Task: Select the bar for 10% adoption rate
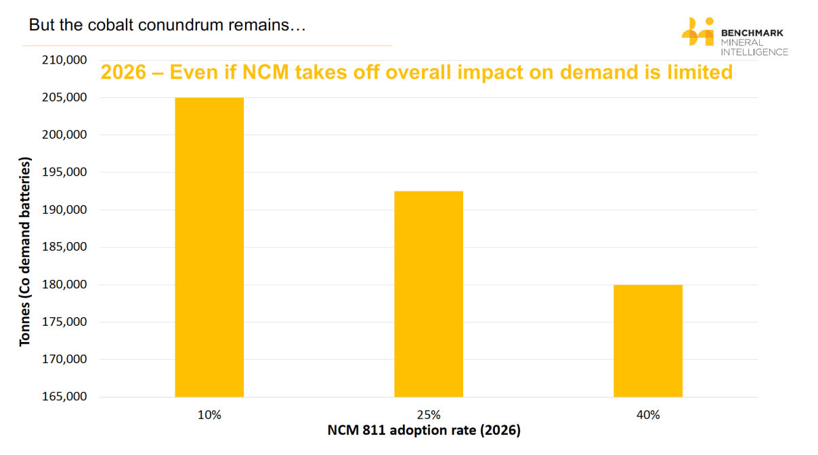coord(209,247)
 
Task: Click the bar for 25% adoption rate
coord(429,293)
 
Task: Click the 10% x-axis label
coord(209,415)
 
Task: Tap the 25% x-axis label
coord(429,415)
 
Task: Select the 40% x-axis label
coord(648,415)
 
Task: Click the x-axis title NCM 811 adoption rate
coord(424,431)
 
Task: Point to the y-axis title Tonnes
coord(25,252)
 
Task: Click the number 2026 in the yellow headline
coord(123,72)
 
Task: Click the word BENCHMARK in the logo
coord(752,32)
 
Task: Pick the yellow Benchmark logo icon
coord(697,31)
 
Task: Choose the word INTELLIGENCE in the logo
coord(754,52)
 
